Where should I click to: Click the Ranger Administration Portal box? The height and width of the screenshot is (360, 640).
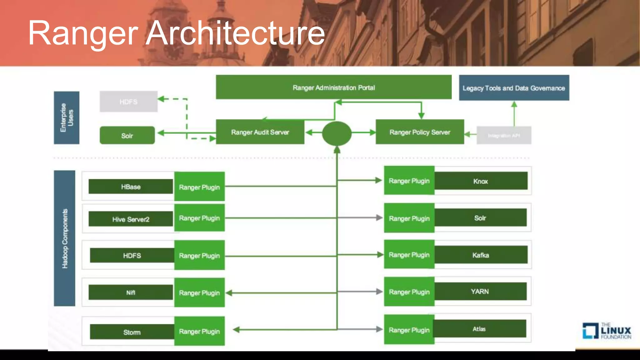tap(333, 87)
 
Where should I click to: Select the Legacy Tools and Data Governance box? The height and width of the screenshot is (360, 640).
tap(514, 88)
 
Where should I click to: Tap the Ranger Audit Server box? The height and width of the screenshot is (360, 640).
tap(260, 132)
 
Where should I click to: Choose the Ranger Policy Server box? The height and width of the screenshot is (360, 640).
tap(420, 132)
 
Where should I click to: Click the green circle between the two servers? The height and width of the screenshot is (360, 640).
tap(337, 133)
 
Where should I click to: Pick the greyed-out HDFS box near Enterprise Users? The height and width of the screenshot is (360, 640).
tap(128, 102)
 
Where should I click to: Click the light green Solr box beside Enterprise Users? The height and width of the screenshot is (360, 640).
tap(127, 136)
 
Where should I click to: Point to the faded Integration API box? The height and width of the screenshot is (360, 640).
tap(504, 135)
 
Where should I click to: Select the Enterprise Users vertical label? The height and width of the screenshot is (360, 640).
tap(67, 117)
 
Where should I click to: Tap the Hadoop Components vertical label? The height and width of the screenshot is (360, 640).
tap(65, 238)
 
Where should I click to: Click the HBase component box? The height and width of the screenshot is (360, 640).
tap(131, 187)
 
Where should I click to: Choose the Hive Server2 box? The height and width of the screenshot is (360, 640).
tap(131, 219)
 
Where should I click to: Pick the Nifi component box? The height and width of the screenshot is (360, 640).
tap(131, 292)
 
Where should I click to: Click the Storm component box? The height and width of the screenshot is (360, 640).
tap(132, 332)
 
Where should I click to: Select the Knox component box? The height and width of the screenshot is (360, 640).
tap(481, 181)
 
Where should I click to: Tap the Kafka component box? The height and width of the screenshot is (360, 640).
tap(481, 255)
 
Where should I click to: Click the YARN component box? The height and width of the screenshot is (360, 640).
tap(480, 292)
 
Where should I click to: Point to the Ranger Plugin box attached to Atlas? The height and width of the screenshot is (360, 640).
tap(409, 330)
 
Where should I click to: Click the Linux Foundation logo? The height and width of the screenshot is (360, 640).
tap(607, 331)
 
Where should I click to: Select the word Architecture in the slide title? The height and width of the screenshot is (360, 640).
tap(235, 33)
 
